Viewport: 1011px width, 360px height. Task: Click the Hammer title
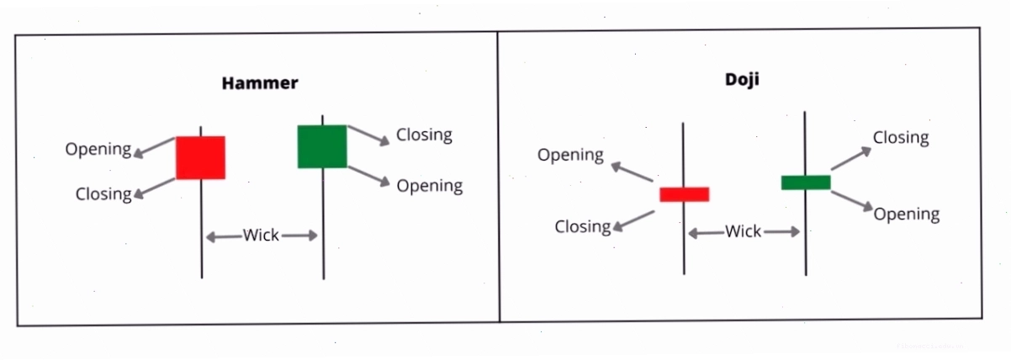coord(260,83)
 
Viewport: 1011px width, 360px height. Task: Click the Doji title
coord(742,79)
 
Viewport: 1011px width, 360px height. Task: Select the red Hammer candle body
coord(200,157)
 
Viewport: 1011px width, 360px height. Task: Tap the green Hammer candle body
coord(322,146)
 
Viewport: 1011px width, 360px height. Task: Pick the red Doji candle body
coord(684,194)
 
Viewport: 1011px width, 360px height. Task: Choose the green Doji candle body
coord(806,183)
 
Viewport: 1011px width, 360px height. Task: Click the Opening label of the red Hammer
coord(98,150)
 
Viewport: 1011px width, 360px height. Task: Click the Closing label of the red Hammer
coord(103,194)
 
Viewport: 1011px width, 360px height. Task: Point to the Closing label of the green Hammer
coord(424,135)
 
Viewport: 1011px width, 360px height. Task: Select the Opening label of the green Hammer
coord(429,186)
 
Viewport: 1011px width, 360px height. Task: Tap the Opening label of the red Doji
coord(570,155)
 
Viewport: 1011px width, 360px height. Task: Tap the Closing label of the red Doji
coord(583,226)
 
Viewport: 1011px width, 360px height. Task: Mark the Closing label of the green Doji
coord(901,138)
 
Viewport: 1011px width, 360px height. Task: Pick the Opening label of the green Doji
coord(907,214)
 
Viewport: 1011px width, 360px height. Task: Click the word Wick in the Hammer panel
coord(261,235)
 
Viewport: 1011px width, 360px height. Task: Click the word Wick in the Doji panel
coord(743,231)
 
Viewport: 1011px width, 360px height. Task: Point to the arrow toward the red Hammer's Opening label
coord(154,147)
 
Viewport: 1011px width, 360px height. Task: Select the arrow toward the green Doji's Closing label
coord(851,158)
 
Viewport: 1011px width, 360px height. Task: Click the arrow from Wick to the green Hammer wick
coord(299,235)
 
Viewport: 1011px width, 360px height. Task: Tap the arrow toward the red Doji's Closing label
coord(633,221)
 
